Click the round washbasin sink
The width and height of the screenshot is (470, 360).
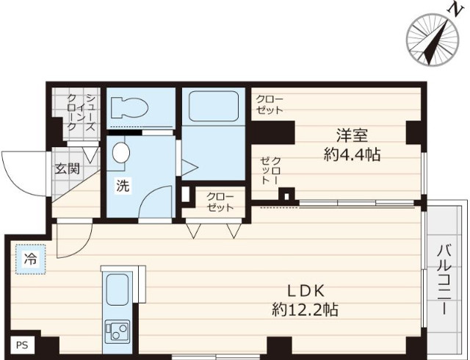pyautogui.click(x=121, y=154)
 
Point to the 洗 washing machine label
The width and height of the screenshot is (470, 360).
pyautogui.click(x=122, y=185)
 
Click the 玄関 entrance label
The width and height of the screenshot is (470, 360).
pyautogui.click(x=68, y=168)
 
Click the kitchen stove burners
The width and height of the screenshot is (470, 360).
pyautogui.click(x=117, y=329)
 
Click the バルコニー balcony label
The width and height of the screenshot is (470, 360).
pyautogui.click(x=444, y=279)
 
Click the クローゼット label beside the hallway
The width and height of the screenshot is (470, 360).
pyautogui.click(x=220, y=202)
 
